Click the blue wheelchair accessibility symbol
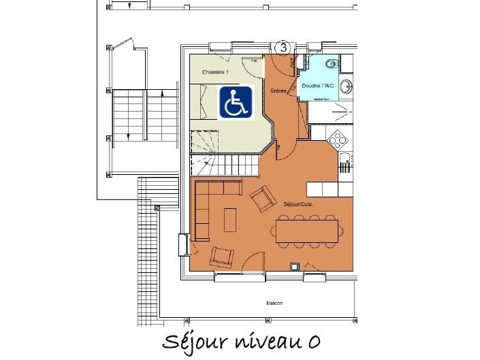coord(236,102)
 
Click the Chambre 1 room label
coord(215,71)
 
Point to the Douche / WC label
coord(317,86)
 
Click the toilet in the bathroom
coord(332,64)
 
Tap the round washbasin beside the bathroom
coord(347,86)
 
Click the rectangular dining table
coord(307,230)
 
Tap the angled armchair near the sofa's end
coord(261,199)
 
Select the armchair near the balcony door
coord(222,257)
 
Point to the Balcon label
coord(275,304)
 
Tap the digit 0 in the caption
coord(313,340)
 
